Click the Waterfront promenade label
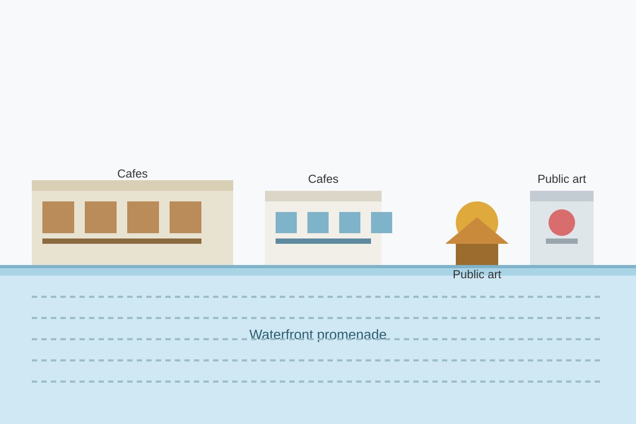pos(317,334)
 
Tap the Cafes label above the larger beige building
pos(132,173)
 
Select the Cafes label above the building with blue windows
pos(323,179)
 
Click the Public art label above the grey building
pos(562,179)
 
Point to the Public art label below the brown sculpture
pos(477,275)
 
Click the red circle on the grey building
pos(562,223)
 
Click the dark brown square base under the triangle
pos(477,254)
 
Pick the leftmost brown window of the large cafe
pos(58,217)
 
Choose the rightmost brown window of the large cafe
pos(185,217)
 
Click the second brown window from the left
pos(101,217)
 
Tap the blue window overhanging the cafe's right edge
pos(382,223)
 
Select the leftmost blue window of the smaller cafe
pos(286,223)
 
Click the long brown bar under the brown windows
pos(122,241)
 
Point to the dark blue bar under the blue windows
pos(323,241)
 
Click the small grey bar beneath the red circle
pos(562,241)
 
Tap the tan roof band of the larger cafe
pos(132,185)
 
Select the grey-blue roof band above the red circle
pos(562,196)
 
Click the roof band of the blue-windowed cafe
pos(323,196)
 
